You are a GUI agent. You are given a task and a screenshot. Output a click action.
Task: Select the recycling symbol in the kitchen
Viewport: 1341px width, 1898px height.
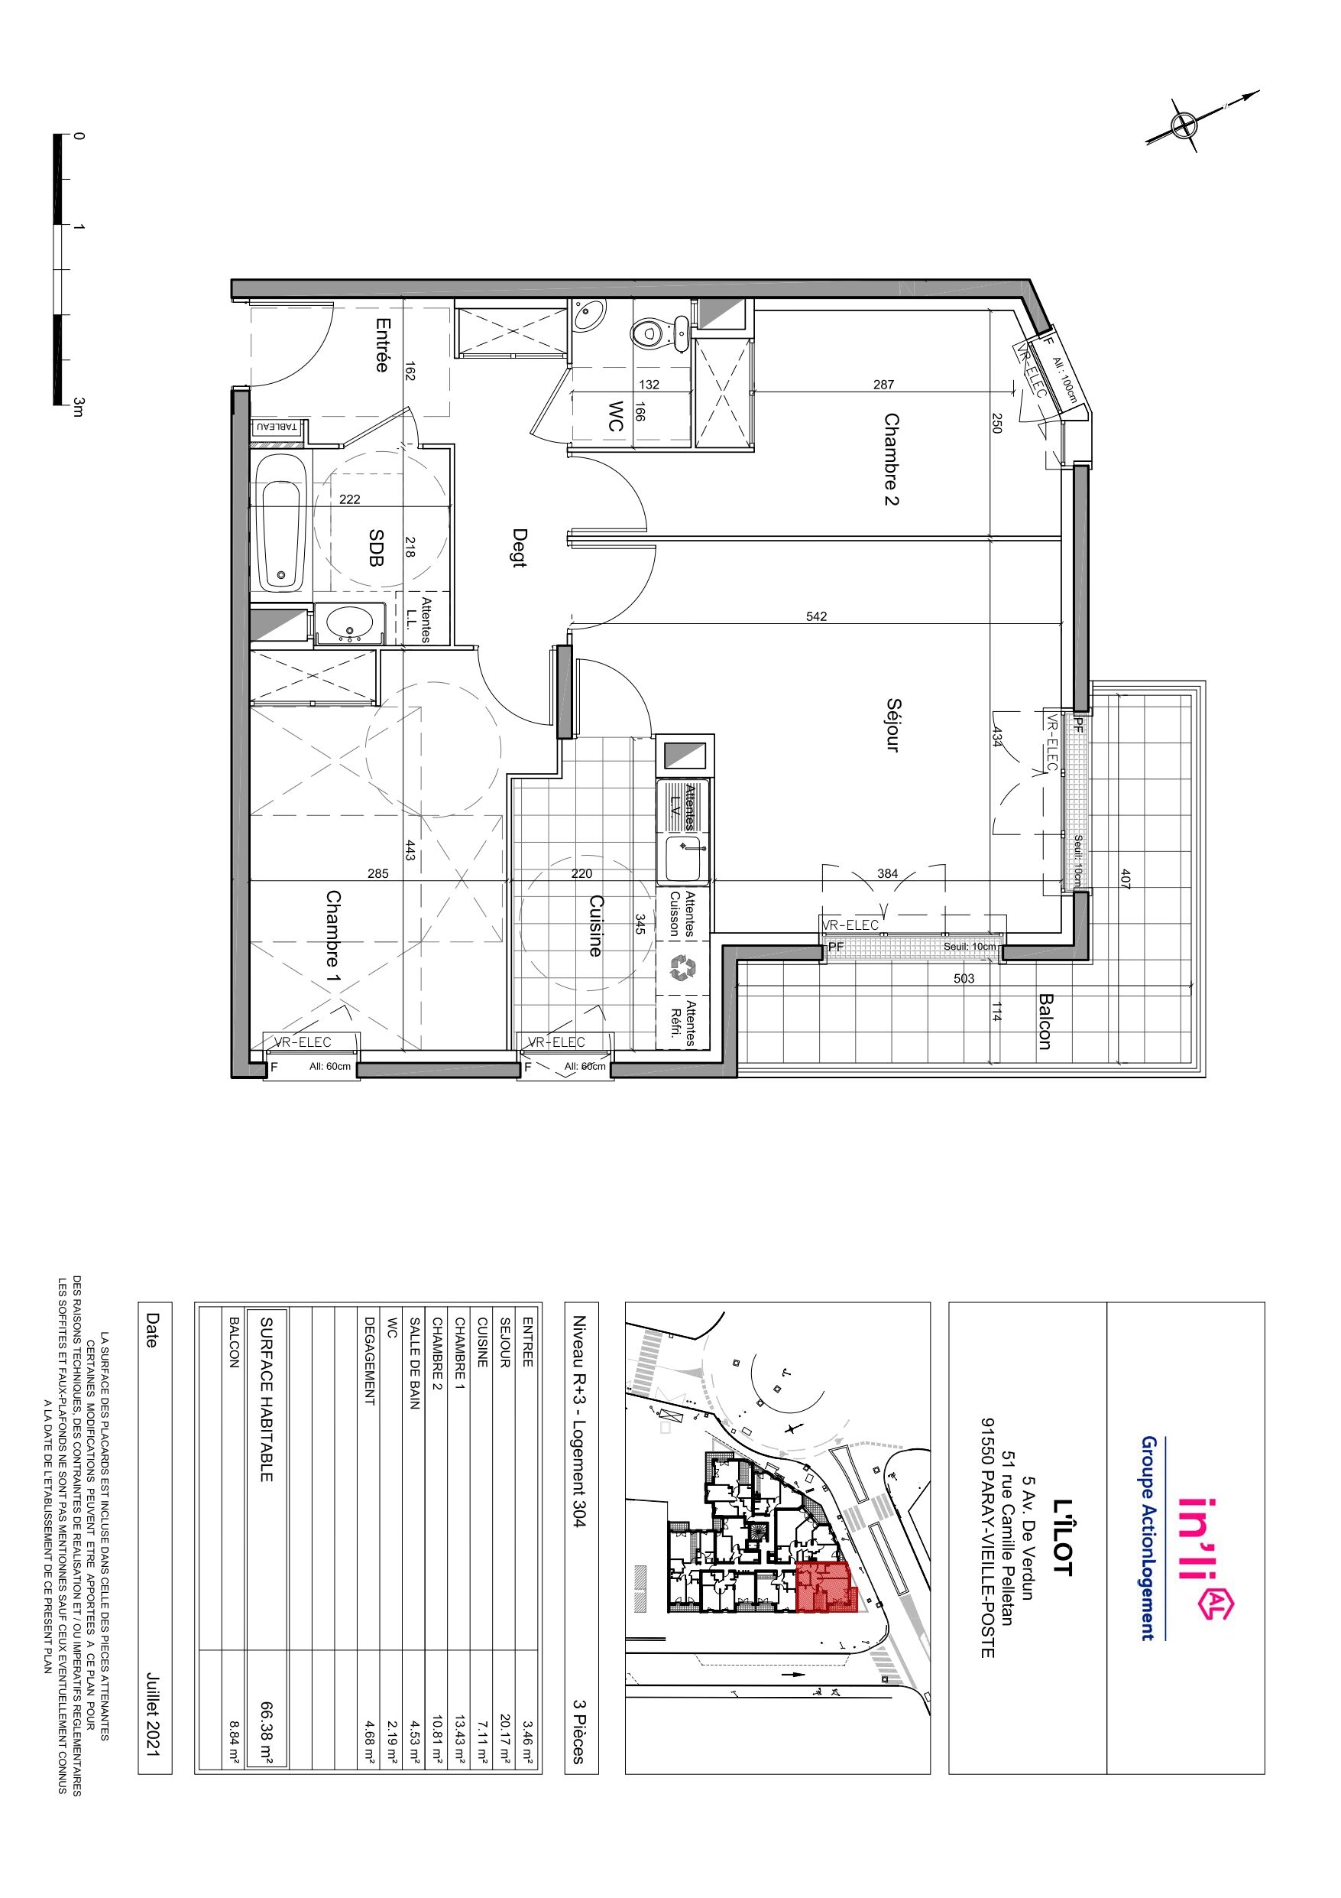point(682,968)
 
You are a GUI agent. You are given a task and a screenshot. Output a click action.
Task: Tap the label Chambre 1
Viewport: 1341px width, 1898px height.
point(333,940)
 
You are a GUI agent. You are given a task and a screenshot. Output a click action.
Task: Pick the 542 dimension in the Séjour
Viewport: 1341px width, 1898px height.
point(815,616)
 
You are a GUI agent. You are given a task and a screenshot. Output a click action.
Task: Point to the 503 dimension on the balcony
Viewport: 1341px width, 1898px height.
point(964,979)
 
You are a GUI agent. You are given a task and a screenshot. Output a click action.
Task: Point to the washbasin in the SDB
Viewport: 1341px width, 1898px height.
point(350,622)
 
